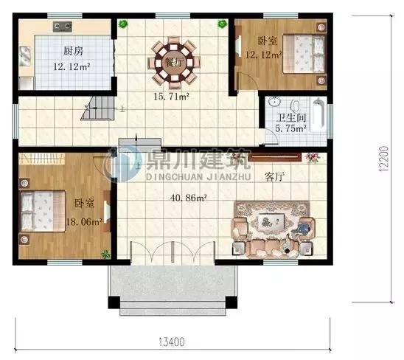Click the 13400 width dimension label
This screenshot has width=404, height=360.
[171, 342]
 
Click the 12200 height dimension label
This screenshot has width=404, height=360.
[383, 159]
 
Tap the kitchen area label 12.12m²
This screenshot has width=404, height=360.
[72, 67]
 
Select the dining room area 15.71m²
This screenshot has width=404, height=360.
[171, 97]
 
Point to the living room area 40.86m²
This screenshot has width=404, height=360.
[188, 198]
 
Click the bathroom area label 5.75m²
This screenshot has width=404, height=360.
[290, 128]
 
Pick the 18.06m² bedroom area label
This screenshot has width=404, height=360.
[84, 221]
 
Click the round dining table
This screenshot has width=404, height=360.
[174, 63]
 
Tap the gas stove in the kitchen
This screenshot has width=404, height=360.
[63, 27]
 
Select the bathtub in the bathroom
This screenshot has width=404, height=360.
[318, 114]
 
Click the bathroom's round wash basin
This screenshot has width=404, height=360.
[274, 102]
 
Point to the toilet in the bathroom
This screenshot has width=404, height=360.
[296, 105]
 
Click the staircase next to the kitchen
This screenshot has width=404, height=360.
[98, 108]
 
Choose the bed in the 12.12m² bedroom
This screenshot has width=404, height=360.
[304, 54]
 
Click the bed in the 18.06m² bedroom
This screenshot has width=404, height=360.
[43, 211]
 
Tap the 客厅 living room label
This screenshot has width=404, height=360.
[274, 177]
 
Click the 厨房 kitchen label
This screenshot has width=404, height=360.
[73, 51]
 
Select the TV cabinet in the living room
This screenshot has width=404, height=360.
[275, 157]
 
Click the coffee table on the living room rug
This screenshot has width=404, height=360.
[271, 221]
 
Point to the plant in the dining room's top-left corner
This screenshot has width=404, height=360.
[123, 24]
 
